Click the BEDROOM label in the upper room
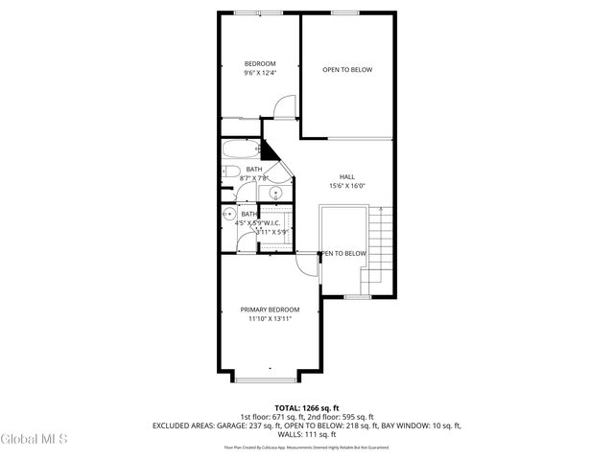[x=259, y=63]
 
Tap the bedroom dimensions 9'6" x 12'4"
[x=259, y=73]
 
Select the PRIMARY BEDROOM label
[x=270, y=310]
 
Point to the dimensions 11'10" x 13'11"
[x=270, y=319]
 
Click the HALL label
[x=347, y=176]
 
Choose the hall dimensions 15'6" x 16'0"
[x=347, y=186]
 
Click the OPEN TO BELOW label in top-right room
[x=347, y=70]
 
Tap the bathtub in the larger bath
[x=240, y=149]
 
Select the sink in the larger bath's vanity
[x=276, y=192]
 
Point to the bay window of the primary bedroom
[x=270, y=375]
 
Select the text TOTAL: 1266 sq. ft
[x=307, y=407]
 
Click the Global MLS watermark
[x=35, y=440]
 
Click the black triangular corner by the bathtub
[x=270, y=151]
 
